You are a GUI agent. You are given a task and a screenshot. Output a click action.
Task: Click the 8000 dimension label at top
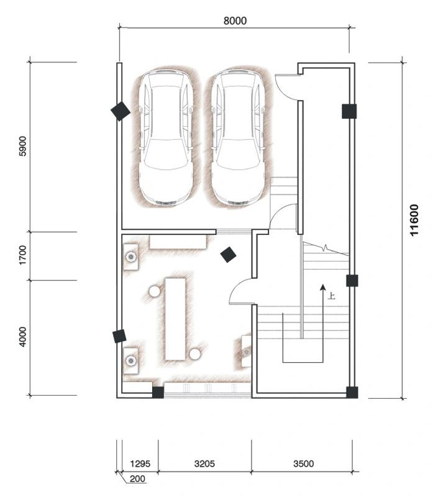[x=235, y=20]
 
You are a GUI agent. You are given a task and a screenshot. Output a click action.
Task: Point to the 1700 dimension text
[x=24, y=255]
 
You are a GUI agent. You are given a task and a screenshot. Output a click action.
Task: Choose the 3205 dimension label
[x=204, y=463]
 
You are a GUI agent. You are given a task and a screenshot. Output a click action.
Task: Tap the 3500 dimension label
[x=303, y=463]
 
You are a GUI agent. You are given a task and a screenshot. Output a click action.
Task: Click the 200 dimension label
[x=137, y=479]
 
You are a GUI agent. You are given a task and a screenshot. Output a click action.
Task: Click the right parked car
[x=237, y=137]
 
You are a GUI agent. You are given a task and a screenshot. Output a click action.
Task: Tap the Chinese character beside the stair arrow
[x=332, y=296]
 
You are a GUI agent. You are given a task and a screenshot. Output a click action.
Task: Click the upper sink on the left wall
[x=131, y=255]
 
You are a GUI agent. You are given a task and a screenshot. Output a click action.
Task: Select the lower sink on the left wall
[x=130, y=360]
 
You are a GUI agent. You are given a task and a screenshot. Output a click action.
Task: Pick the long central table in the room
[x=175, y=319]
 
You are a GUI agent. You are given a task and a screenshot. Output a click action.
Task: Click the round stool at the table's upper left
[x=154, y=290]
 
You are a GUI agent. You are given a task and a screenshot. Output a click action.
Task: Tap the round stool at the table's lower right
[x=195, y=353]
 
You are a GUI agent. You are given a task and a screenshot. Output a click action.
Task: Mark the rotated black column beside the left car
[x=120, y=111]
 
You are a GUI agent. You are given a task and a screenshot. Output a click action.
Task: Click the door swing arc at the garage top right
[x=287, y=87]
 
